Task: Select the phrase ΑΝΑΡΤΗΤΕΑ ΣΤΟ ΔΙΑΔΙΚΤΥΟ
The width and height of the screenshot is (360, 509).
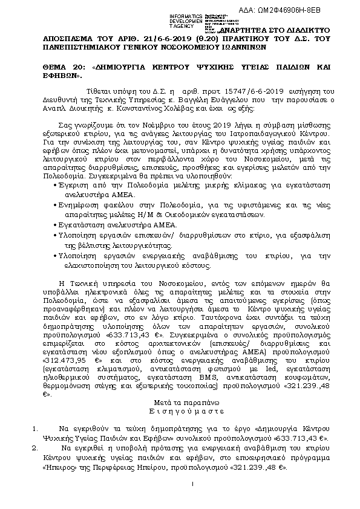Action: pyautogui.click(x=276, y=28)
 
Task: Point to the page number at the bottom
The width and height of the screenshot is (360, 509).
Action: pyautogui.click(x=191, y=484)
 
